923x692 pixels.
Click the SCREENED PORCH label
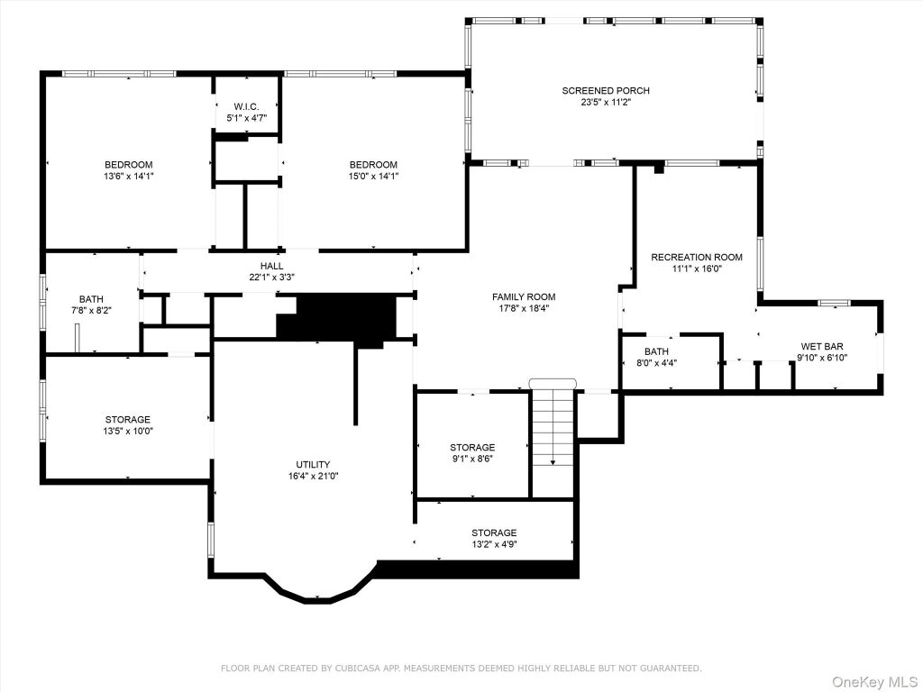[x=606, y=91]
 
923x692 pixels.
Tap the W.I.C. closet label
[x=246, y=106]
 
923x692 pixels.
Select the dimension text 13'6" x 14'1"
[x=128, y=176]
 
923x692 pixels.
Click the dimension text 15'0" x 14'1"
[x=373, y=176]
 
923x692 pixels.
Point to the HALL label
[x=271, y=266]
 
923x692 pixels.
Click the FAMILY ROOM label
[x=524, y=297]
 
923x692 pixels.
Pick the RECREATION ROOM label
[x=697, y=257]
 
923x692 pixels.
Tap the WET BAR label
[x=822, y=347]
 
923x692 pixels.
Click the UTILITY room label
[x=313, y=465]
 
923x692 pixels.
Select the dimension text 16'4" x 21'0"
[x=313, y=476]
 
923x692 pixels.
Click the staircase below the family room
[x=553, y=439]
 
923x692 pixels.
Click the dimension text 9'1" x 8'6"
[x=472, y=459]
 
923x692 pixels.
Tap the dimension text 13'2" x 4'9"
[x=494, y=544]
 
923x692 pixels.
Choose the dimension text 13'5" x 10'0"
[x=128, y=431]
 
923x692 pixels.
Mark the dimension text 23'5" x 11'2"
[x=606, y=102]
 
